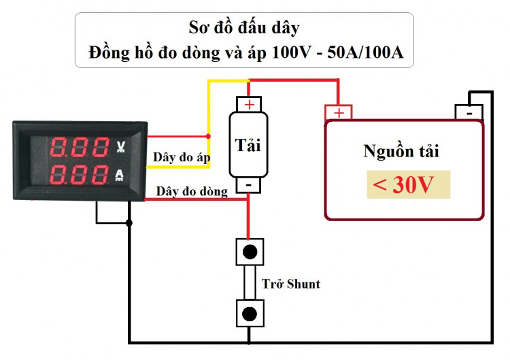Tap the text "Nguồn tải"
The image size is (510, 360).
point(401,151)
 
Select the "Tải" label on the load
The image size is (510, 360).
point(248,144)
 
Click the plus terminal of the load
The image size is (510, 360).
point(250,104)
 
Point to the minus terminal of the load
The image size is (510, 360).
point(249,184)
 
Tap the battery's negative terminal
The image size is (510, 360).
point(469,111)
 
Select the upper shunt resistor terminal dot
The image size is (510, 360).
point(250,252)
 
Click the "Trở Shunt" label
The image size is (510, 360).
point(291,284)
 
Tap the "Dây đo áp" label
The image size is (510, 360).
point(181,157)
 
